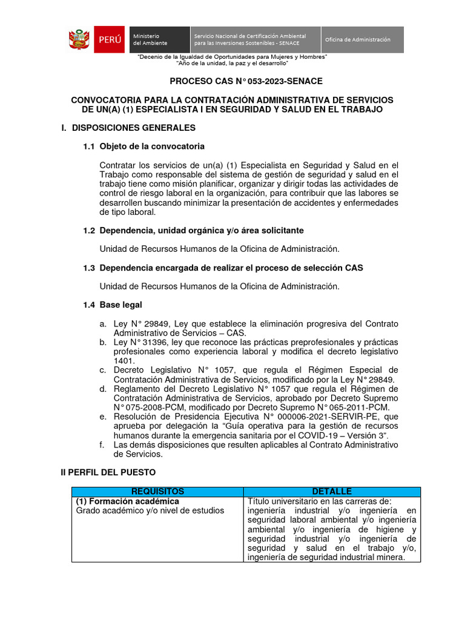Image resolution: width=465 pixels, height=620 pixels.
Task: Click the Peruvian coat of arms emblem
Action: (x=79, y=39)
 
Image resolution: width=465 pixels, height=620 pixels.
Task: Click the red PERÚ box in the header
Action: (x=110, y=39)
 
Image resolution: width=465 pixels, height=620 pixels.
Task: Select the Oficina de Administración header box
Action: (x=361, y=39)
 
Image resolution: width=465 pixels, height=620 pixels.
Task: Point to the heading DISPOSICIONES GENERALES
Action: (x=133, y=128)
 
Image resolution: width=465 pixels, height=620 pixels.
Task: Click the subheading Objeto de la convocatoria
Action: (x=151, y=147)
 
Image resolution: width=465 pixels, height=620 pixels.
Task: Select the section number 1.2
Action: (x=89, y=231)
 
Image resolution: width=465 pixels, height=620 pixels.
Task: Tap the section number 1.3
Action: (x=89, y=268)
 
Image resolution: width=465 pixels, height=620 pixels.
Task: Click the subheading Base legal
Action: (x=120, y=305)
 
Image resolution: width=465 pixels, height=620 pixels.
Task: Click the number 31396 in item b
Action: (x=153, y=343)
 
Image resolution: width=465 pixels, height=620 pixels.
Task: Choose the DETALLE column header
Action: (x=332, y=492)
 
